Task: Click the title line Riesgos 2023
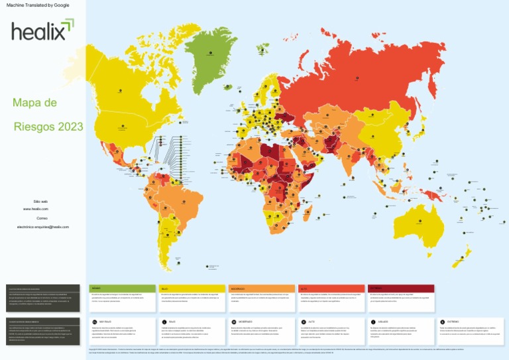(x=48, y=126)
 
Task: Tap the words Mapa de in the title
(x=34, y=103)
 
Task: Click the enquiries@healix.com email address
(x=42, y=227)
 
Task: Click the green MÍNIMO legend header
(x=121, y=288)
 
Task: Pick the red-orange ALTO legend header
(x=329, y=288)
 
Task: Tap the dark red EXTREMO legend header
(x=400, y=288)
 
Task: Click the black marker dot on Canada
(x=121, y=90)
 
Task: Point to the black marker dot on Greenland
(x=210, y=52)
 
